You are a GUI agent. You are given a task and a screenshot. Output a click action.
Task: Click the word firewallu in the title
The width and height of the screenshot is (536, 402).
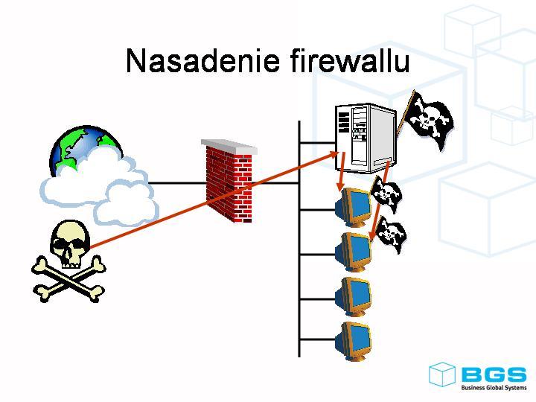(x=349, y=61)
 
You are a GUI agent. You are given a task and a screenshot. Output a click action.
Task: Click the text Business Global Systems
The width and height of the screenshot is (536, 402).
(x=493, y=388)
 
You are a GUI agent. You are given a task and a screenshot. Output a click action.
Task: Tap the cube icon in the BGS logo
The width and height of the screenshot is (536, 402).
(x=442, y=374)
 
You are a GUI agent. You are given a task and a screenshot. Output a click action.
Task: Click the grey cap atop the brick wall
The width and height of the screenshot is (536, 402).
(x=229, y=146)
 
